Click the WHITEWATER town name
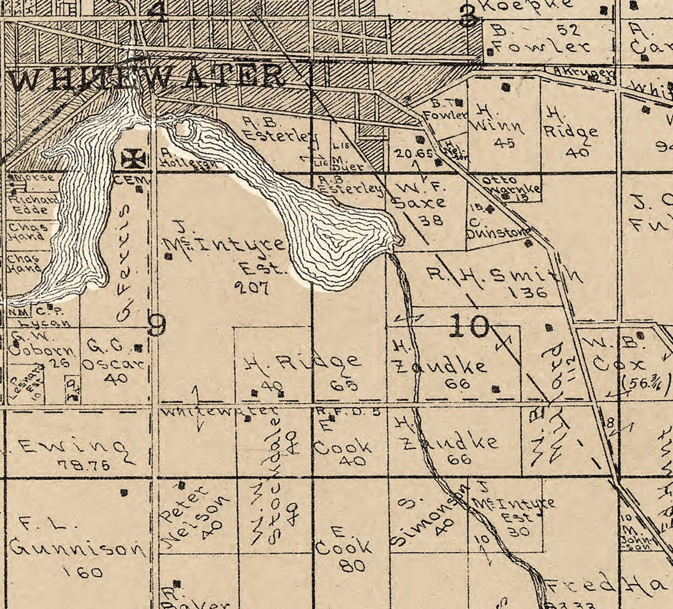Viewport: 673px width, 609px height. coord(147,78)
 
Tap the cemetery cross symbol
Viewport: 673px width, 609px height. coord(134,159)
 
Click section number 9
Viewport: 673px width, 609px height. coord(157,326)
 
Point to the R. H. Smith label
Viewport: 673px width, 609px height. coord(504,274)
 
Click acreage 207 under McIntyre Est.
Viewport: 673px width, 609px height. coord(251,287)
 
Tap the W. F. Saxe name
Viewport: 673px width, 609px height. coord(420,195)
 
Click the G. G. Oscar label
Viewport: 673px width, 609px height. coord(113,356)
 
